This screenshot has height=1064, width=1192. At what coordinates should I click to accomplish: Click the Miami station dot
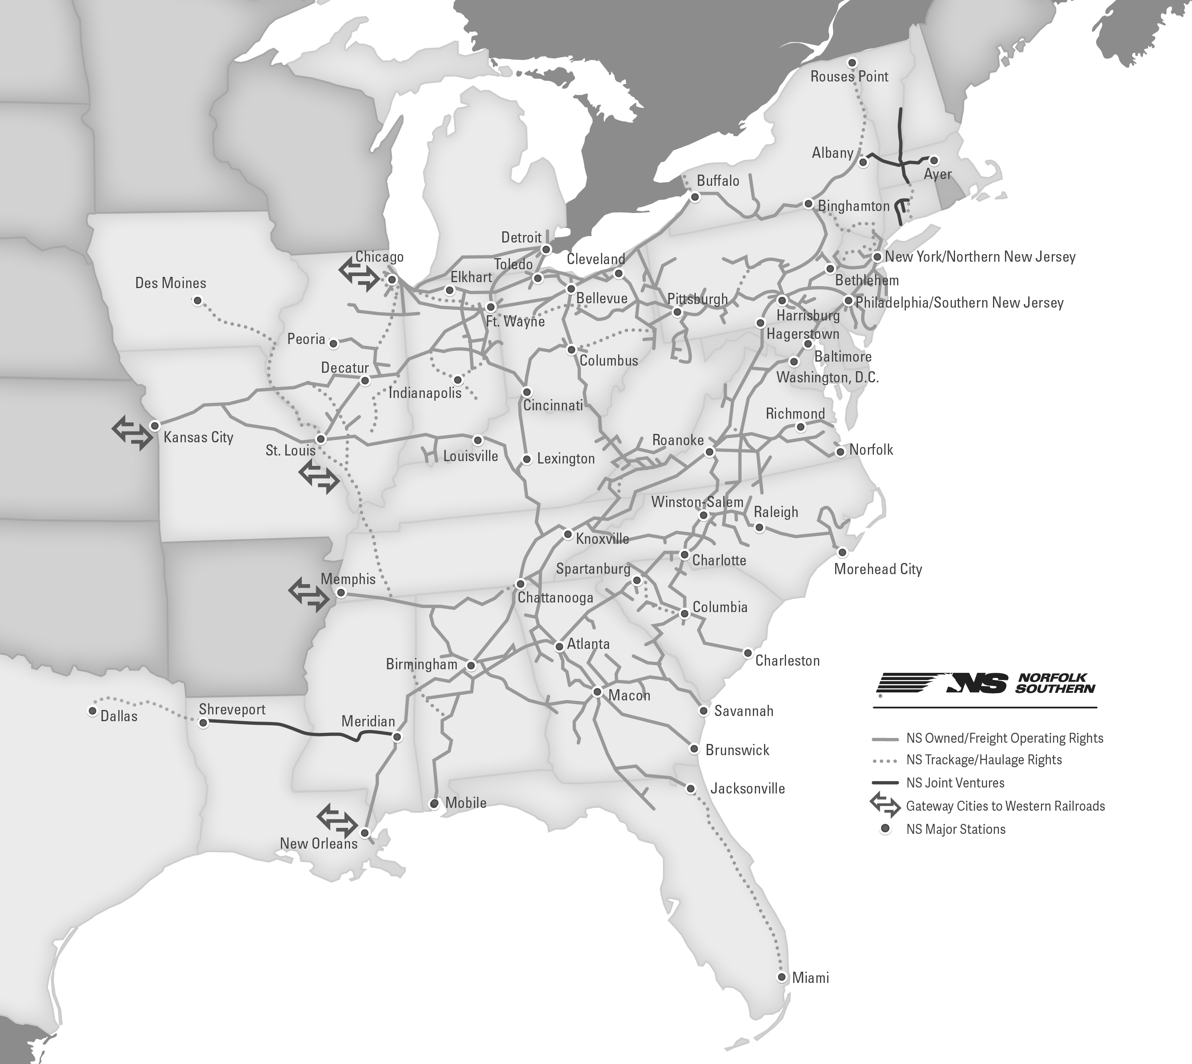coord(782,977)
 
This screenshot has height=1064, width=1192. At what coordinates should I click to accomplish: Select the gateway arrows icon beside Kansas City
coord(132,433)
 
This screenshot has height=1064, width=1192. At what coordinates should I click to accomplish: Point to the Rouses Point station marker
coord(852,63)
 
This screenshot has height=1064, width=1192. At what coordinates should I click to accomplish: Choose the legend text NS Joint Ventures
coord(955,783)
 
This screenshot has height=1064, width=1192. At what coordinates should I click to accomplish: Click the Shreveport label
coord(232,709)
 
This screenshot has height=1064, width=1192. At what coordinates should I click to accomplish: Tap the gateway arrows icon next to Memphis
coord(308,595)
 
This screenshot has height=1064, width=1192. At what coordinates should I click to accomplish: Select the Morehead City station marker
coord(842,552)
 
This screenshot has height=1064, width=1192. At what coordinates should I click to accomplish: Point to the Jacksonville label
coord(747,789)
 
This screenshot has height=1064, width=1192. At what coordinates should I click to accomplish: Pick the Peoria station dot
coord(333,344)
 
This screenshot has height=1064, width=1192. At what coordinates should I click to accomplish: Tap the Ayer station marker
coord(933,160)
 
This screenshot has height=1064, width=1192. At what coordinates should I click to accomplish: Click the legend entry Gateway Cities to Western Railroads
coord(1005,806)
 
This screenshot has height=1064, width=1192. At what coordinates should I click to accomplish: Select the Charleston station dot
coord(748,653)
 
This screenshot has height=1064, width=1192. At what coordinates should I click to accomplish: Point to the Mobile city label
coord(466,803)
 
